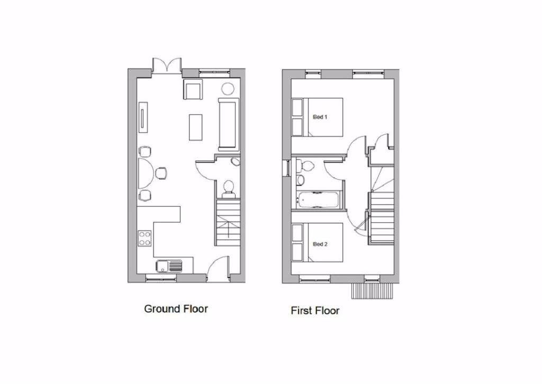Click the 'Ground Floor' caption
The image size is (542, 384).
[x=176, y=309]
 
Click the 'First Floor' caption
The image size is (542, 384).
[x=315, y=311]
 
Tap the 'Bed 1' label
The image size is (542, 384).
[x=320, y=117]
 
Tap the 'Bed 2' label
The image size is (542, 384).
[x=320, y=244]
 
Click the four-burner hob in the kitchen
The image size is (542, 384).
[x=145, y=238]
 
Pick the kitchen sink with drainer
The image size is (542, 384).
[x=169, y=266]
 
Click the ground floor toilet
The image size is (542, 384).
[x=229, y=189]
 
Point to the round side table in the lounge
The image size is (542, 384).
[x=228, y=88]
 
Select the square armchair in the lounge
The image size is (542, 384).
[x=193, y=90]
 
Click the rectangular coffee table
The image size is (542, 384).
[x=196, y=127]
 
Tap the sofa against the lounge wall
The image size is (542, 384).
[x=229, y=124]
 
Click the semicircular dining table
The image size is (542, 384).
[x=146, y=173]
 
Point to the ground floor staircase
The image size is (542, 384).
[x=228, y=222]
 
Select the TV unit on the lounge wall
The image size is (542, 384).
[x=143, y=117]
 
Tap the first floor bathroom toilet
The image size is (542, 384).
[x=305, y=165]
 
